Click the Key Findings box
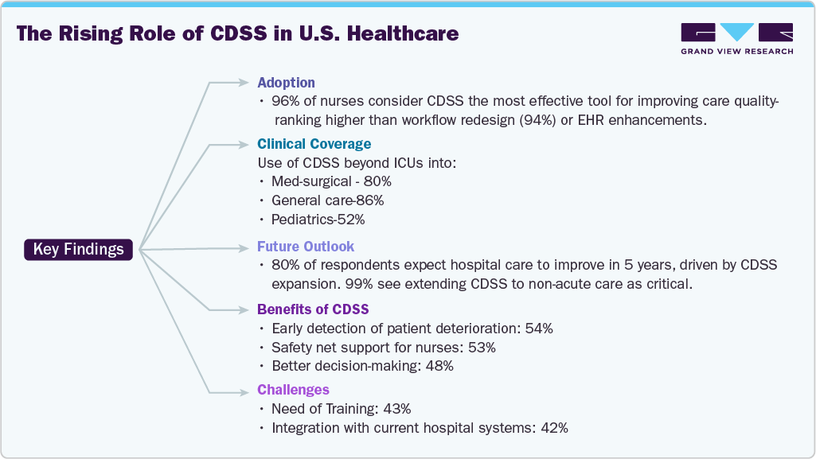click(x=78, y=249)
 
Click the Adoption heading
click(x=286, y=82)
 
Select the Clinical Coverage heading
click(x=314, y=144)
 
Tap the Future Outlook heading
click(x=306, y=246)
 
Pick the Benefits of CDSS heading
click(x=313, y=309)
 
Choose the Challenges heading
click(x=293, y=390)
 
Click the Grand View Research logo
click(x=736, y=38)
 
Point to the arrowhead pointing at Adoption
click(x=245, y=82)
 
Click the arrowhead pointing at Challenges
click(x=245, y=391)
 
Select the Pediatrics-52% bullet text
click(x=318, y=220)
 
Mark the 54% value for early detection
click(x=538, y=328)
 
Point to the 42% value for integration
click(x=553, y=428)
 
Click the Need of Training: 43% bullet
click(x=341, y=409)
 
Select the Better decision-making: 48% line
click(x=362, y=366)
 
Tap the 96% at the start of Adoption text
click(x=285, y=102)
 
